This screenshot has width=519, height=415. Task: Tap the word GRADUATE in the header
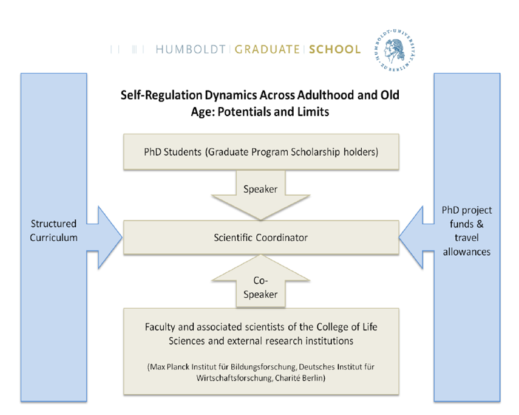267,49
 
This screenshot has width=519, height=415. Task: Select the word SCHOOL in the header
335,49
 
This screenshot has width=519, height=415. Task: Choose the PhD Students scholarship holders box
261,152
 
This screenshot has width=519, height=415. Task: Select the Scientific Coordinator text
261,238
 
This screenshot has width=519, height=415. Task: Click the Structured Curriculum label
54,231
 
